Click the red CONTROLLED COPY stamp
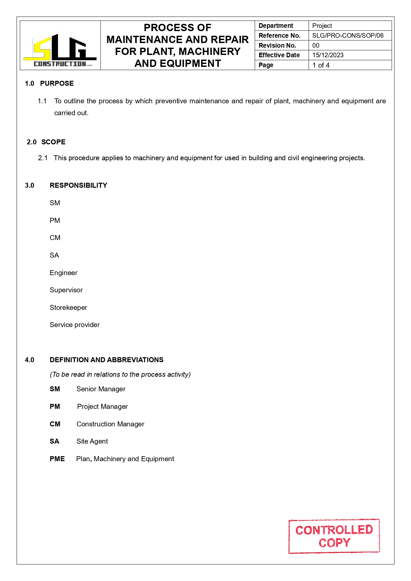pyautogui.click(x=334, y=536)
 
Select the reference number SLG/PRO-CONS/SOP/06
pyautogui.click(x=348, y=35)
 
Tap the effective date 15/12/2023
pyautogui.click(x=328, y=55)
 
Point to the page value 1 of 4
pyautogui.click(x=321, y=65)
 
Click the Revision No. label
pyautogui.click(x=277, y=45)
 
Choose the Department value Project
pyautogui.click(x=322, y=26)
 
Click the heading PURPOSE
pyautogui.click(x=57, y=83)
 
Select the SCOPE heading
pyautogui.click(x=53, y=142)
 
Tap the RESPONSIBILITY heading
pyautogui.click(x=78, y=185)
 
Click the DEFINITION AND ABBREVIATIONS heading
pyautogui.click(x=107, y=360)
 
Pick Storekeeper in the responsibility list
pyautogui.click(x=68, y=308)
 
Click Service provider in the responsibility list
pyautogui.click(x=75, y=325)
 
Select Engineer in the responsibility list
pyautogui.click(x=64, y=273)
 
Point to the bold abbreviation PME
pyautogui.click(x=57, y=459)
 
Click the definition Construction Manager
pyautogui.click(x=110, y=424)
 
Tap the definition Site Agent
pyautogui.click(x=92, y=441)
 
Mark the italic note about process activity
pyautogui.click(x=120, y=374)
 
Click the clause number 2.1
pyautogui.click(x=43, y=158)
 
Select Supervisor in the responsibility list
pyautogui.click(x=66, y=290)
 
